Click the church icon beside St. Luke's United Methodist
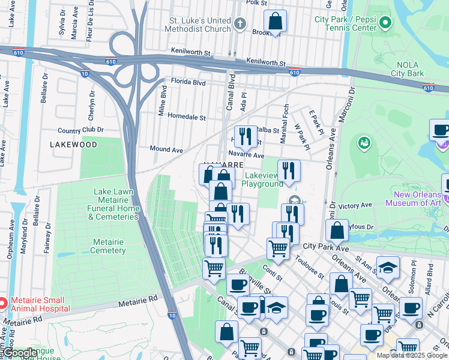240,24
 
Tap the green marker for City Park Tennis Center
385,23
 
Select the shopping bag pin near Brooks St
275,22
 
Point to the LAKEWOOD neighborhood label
74,145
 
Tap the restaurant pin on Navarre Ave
245,137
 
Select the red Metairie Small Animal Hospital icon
2,304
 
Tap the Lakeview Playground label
262,179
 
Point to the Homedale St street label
187,116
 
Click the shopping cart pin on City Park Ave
278,247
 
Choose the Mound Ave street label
166,149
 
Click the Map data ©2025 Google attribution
411,355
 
